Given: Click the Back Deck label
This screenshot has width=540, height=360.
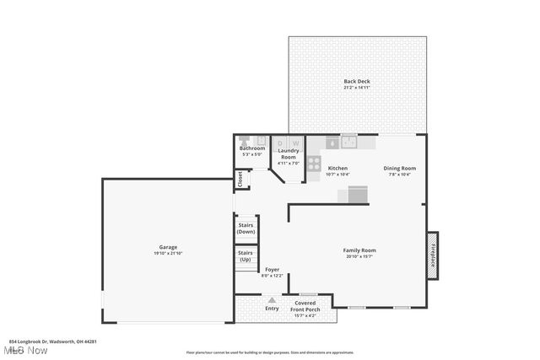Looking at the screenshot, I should tap(356, 81).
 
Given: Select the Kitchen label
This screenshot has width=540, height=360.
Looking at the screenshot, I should tap(337, 168).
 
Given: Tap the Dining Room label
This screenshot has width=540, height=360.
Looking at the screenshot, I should tap(400, 168).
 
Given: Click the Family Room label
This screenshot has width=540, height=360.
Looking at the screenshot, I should tap(359, 250).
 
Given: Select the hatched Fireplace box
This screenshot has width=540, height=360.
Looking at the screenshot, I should tap(433, 255).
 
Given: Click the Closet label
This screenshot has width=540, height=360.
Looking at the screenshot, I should tap(240, 179).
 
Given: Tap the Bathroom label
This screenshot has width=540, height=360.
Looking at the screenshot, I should tap(251, 148).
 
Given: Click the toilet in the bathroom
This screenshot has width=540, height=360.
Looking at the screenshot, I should tap(244, 140).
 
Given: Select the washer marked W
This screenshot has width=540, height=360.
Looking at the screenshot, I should tap(296, 142).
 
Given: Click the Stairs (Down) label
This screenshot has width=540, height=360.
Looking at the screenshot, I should tap(246, 228).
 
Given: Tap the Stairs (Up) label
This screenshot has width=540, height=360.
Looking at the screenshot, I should tap(246, 255).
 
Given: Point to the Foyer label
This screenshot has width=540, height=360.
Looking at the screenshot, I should tap(272, 270).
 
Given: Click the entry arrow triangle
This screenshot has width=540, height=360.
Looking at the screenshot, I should tap(272, 298).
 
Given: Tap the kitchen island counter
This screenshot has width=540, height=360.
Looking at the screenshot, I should tap(354, 195).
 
